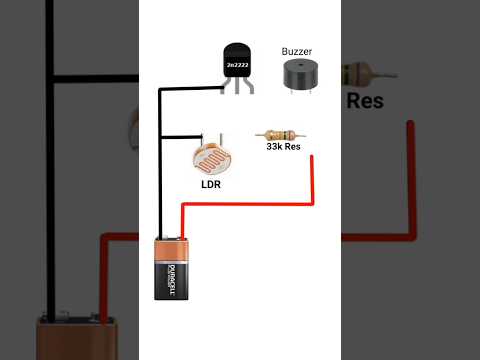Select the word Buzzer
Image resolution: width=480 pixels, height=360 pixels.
(x=298, y=50)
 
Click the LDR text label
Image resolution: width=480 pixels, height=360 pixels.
(x=210, y=185)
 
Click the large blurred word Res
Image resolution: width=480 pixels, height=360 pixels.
(x=366, y=100)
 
